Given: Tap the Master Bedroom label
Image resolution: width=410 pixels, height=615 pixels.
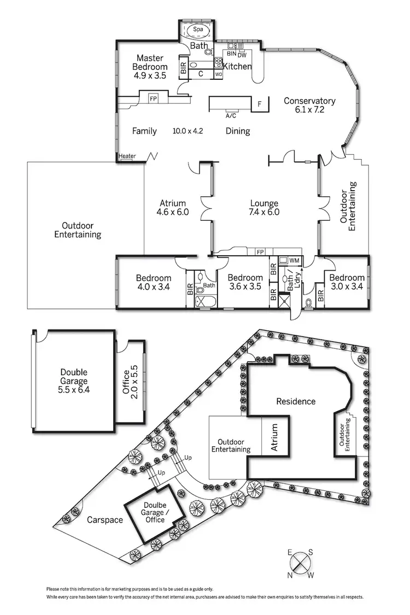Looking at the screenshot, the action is [150, 67].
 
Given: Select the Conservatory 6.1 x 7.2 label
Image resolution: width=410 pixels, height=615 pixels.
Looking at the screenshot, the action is [309, 105].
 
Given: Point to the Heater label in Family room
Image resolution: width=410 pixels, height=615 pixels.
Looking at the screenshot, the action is [127, 156].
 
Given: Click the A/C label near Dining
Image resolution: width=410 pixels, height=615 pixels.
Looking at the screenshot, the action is [231, 116].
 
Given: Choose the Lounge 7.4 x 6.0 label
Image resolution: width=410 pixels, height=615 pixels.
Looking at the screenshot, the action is [265, 208].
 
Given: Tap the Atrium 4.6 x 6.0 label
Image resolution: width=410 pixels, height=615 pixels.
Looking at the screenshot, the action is [173, 208].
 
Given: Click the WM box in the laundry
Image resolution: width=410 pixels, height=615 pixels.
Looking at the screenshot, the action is [294, 261].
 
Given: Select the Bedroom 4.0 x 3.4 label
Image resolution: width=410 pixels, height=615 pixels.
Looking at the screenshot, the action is [154, 282].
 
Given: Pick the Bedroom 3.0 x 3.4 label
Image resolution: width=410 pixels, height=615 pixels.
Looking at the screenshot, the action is [347, 282].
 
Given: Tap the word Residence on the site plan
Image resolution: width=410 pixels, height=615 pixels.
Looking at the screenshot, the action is [296, 401].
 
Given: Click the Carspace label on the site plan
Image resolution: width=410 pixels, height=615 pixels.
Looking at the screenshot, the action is [104, 520].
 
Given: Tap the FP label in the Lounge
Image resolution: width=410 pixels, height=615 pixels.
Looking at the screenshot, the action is [261, 252].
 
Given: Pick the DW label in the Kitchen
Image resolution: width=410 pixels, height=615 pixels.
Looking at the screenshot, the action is [243, 54].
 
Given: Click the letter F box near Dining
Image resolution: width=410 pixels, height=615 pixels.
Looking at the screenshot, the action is [260, 103].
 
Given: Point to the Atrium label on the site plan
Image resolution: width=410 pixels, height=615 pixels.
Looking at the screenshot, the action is [274, 437].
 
